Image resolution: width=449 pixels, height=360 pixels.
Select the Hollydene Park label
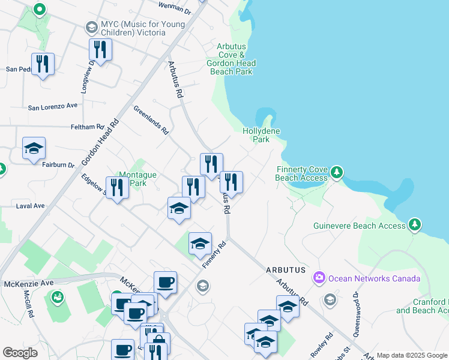pyautogui.click(x=261, y=134)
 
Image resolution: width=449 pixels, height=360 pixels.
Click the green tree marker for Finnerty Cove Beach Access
pyautogui.click(x=337, y=173)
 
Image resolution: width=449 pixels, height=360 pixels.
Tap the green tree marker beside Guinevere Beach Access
pyautogui.click(x=414, y=226)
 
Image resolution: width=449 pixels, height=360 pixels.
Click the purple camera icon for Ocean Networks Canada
pyautogui.click(x=319, y=278)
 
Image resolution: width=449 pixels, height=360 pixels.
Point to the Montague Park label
pyautogui.click(x=137, y=179)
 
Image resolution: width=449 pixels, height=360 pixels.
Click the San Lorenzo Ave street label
pyautogui.click(x=53, y=107)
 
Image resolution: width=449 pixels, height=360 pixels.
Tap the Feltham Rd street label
pyautogui.click(x=87, y=127)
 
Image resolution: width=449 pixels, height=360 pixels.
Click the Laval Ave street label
pyautogui.click(x=31, y=206)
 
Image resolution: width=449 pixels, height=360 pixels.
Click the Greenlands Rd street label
pyautogui.click(x=151, y=119)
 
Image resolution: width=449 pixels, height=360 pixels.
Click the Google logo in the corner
pyautogui.click(x=20, y=353)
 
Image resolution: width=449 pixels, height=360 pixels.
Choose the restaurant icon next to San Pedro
pyautogui.click(x=43, y=64)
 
